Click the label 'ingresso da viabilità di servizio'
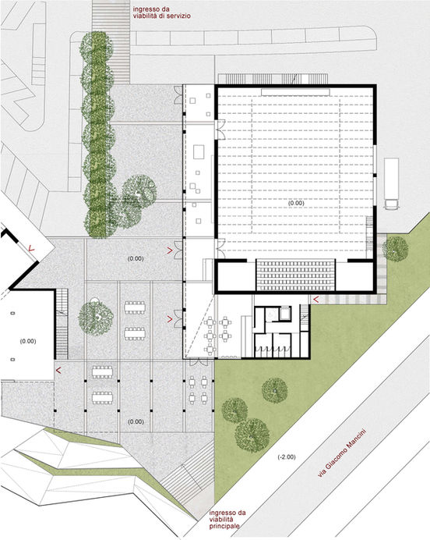coord(161,12)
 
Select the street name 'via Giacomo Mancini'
coord(342,452)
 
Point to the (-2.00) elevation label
coord(287,457)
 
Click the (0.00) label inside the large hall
coord(296,203)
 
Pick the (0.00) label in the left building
coord(28,341)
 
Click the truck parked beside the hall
coord(391,183)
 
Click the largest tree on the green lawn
coord(252,435)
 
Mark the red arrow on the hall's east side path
coord(316,300)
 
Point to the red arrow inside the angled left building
coord(32,248)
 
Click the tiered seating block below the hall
coord(295,275)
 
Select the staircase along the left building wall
coord(62,324)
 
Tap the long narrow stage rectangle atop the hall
coord(295,92)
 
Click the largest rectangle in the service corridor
coord(199,152)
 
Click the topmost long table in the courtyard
coord(135,307)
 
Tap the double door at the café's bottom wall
coord(199,362)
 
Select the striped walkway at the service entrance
coord(111,41)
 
